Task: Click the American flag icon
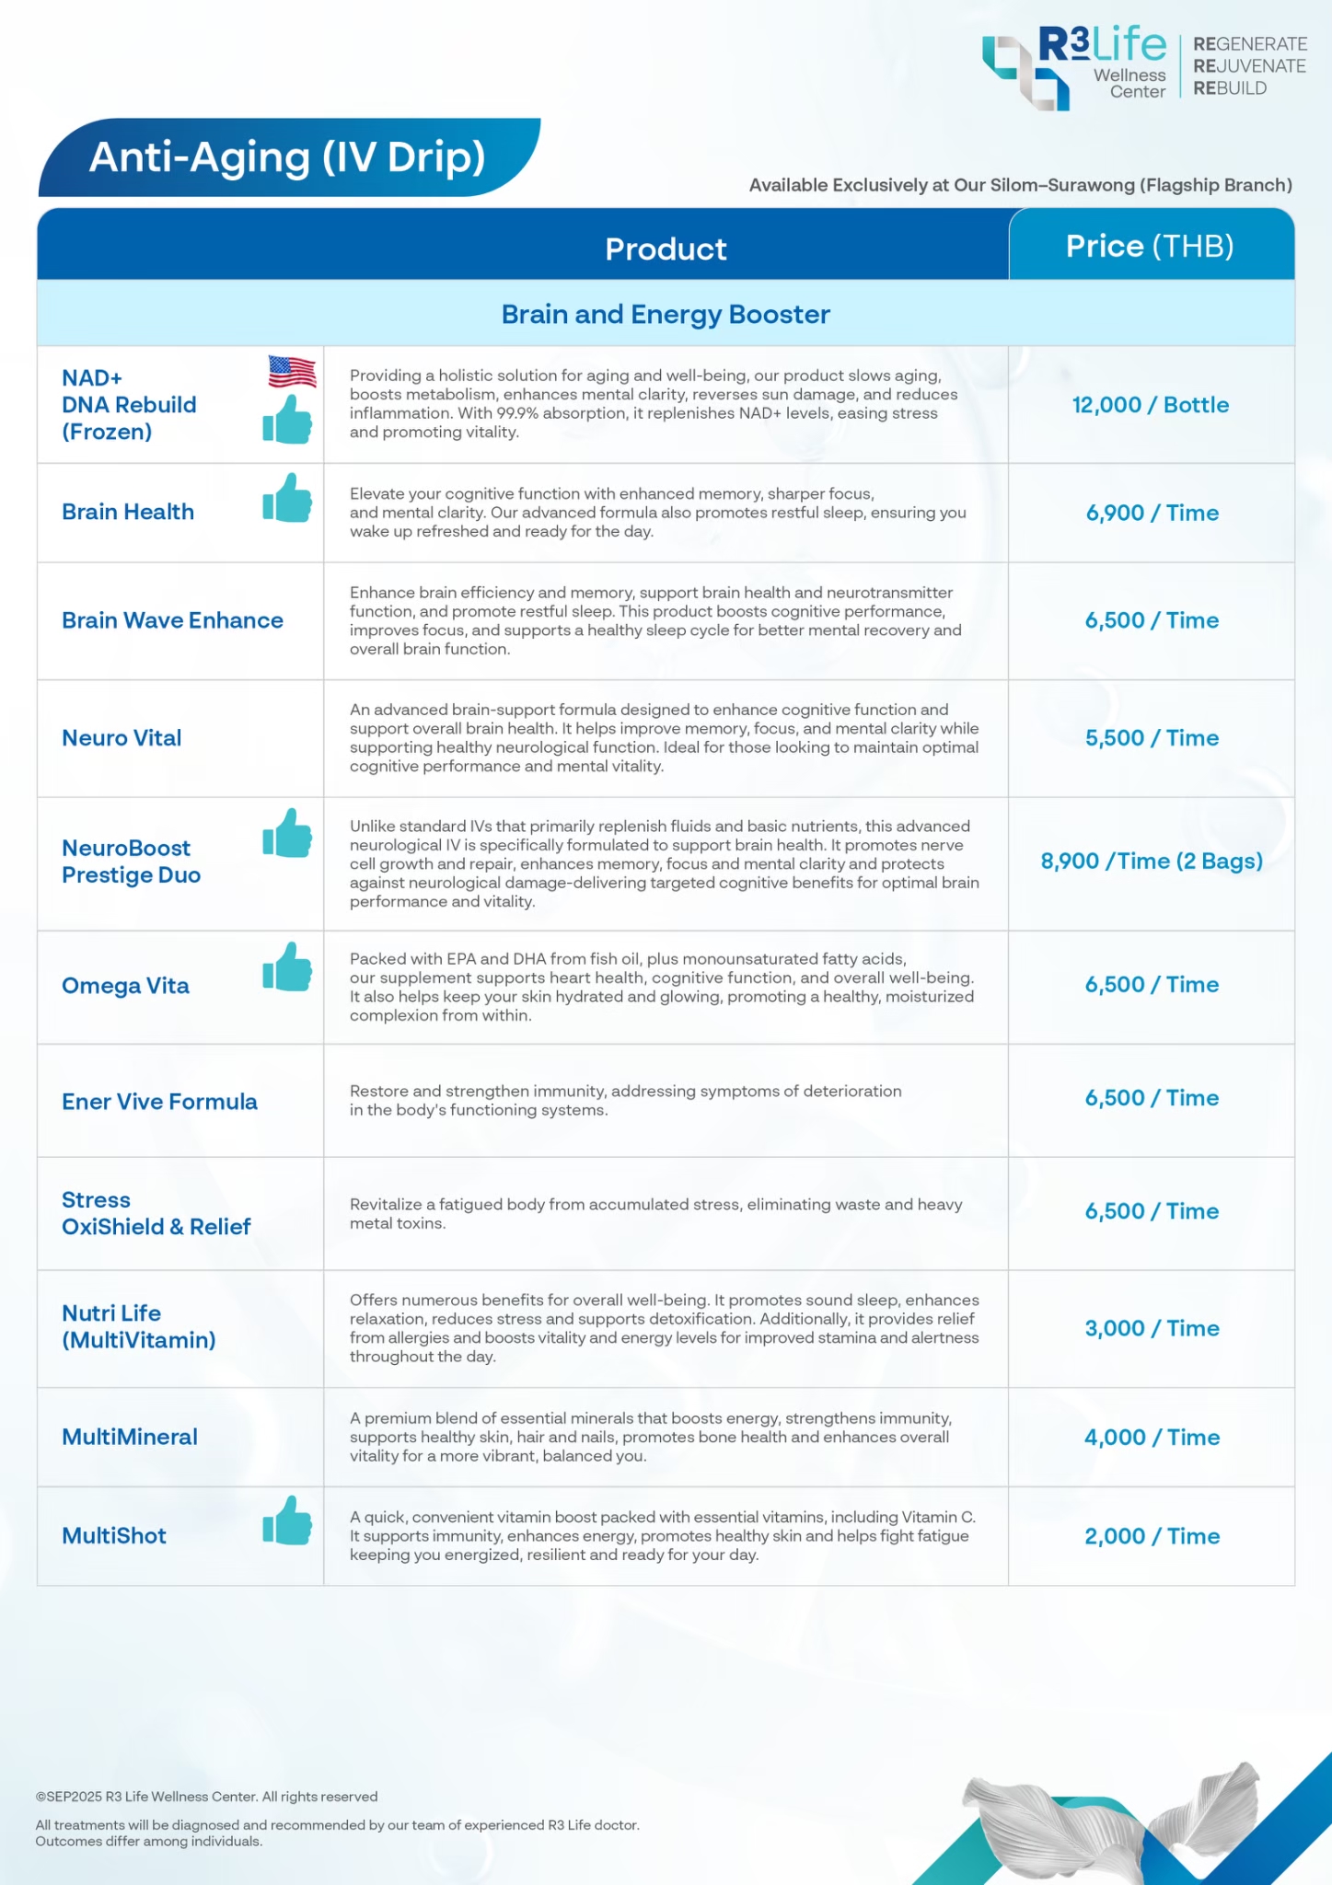pos(292,372)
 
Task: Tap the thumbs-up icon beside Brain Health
pos(287,498)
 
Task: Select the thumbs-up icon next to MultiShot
pos(287,1521)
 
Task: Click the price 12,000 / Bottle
pos(1150,405)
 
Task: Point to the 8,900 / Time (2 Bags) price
pos(1151,862)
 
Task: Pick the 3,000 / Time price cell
pos(1152,1328)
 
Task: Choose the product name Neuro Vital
pos(122,738)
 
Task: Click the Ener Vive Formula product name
pos(159,1102)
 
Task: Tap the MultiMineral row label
pos(130,1437)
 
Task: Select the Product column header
pos(666,249)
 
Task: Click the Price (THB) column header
pos(1150,246)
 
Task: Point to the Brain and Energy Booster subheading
pos(666,315)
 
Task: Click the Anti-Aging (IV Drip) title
pos(287,157)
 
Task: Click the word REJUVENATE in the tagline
pos(1249,66)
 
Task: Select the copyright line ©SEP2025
pos(206,1797)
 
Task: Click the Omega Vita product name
pos(125,986)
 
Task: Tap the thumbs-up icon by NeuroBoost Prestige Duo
pos(287,833)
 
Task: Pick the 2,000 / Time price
pos(1152,1536)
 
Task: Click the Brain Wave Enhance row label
pos(172,620)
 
